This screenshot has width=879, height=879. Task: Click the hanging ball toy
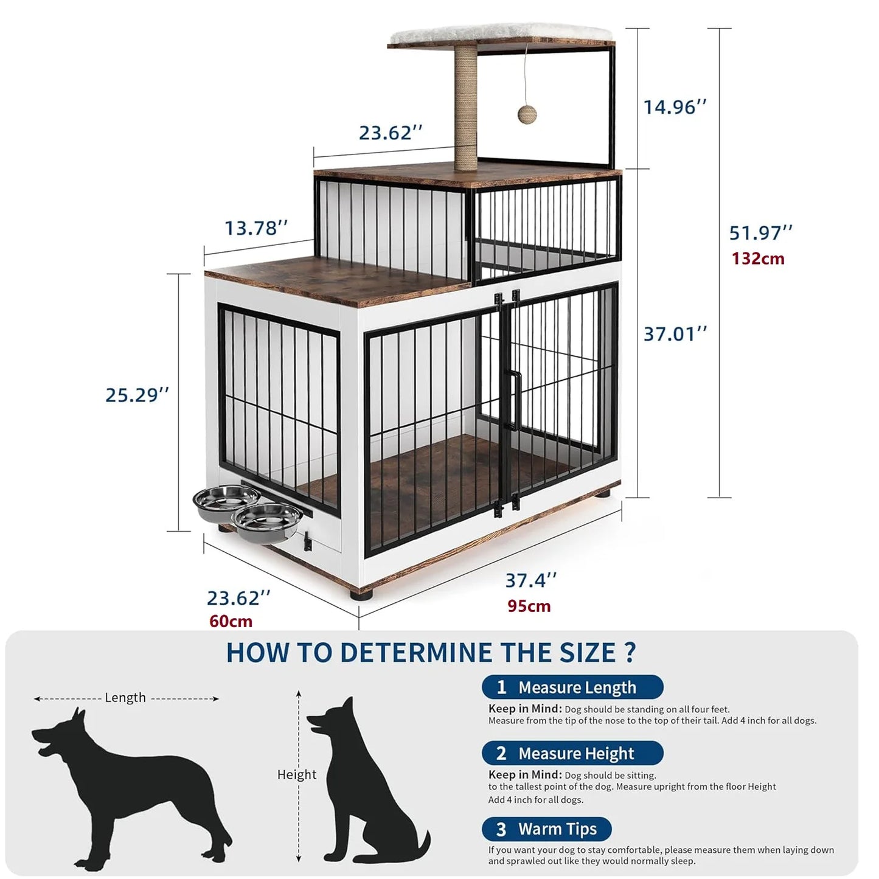point(527,114)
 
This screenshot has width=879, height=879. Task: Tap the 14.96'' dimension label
point(675,107)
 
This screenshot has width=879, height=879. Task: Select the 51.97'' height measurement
point(760,232)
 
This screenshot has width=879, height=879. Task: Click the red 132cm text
point(758,259)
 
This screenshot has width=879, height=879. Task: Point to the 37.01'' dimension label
point(675,334)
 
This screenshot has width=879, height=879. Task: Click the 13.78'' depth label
point(256,228)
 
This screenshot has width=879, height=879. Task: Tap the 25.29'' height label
point(137,395)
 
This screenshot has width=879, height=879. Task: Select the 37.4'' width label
point(530,580)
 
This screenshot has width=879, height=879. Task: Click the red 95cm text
point(529,606)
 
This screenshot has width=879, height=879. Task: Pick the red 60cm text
point(231,621)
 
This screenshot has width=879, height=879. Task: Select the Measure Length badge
point(572,687)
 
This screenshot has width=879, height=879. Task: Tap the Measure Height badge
point(572,753)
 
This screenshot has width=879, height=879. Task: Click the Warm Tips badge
point(546,829)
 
